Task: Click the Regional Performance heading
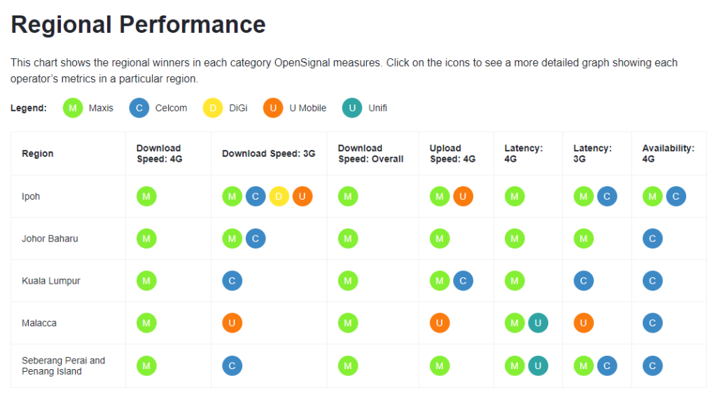click(138, 25)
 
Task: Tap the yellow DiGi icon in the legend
click(213, 108)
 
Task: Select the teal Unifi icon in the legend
click(352, 108)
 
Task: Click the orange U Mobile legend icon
click(273, 108)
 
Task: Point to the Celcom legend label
click(171, 108)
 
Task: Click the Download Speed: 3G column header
click(269, 153)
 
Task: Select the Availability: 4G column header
click(668, 153)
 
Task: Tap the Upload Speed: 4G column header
click(452, 153)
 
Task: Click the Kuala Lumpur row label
click(50, 281)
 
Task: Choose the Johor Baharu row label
click(50, 239)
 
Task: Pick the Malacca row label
click(39, 323)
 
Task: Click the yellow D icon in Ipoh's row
click(279, 197)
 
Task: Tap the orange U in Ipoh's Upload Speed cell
click(463, 197)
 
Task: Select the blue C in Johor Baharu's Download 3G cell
click(256, 239)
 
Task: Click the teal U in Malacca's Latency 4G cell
click(538, 323)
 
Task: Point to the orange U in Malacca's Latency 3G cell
click(583, 323)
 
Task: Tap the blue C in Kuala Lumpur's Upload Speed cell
click(463, 281)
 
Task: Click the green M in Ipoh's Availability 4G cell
click(653, 197)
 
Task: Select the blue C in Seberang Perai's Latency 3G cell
click(607, 366)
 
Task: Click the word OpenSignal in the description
click(302, 62)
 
